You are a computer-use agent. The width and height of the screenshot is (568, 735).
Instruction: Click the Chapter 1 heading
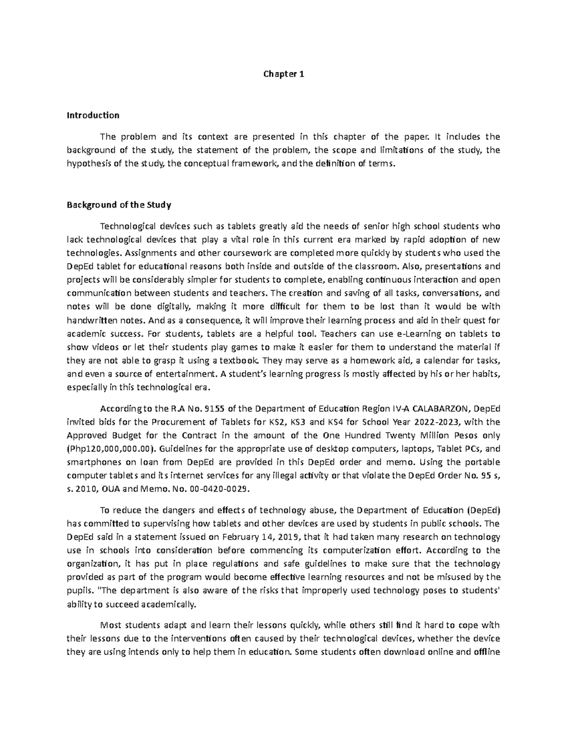pyautogui.click(x=284, y=74)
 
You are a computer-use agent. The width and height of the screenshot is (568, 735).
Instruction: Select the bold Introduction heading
pyautogui.click(x=93, y=115)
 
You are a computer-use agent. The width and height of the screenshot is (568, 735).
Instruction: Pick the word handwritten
pyautogui.click(x=89, y=319)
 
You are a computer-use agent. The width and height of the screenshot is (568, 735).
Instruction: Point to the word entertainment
pyautogui.click(x=185, y=373)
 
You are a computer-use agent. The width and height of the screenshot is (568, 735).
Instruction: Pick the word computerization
pyautogui.click(x=352, y=550)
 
